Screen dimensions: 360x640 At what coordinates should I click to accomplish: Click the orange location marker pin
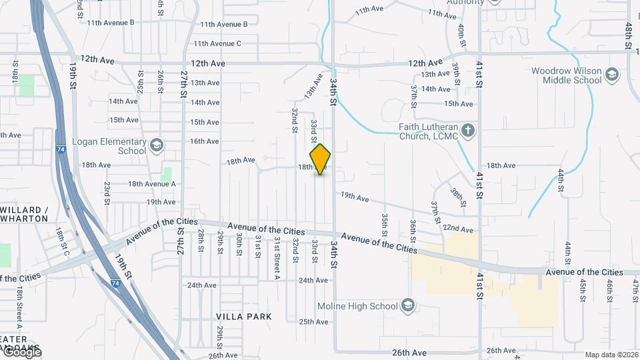click(x=320, y=159)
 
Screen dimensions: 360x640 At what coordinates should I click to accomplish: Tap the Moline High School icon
click(x=408, y=306)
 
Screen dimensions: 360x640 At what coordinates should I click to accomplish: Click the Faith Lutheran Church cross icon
click(x=468, y=130)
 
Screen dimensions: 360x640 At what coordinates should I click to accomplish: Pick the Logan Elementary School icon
click(x=156, y=145)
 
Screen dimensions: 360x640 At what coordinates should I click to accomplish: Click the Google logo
click(x=21, y=351)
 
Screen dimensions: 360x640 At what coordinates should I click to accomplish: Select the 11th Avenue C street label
click(x=217, y=44)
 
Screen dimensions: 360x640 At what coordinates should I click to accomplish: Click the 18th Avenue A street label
click(x=152, y=184)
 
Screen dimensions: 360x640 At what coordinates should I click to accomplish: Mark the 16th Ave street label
click(x=205, y=141)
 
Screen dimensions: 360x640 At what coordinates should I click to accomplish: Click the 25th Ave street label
click(x=313, y=322)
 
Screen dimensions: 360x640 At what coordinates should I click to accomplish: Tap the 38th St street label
click(x=457, y=193)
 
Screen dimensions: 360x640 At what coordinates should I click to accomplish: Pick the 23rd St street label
click(x=107, y=189)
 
